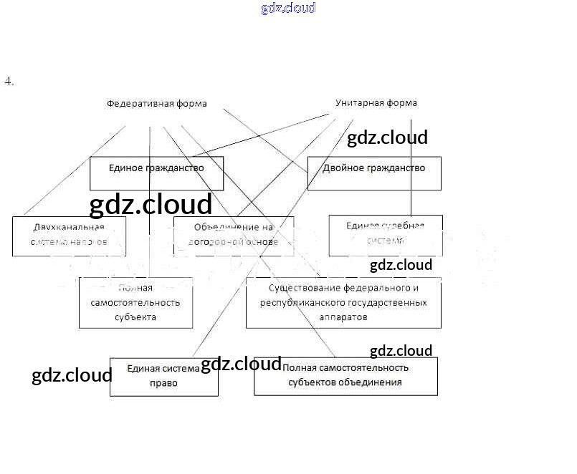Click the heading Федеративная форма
point(157,104)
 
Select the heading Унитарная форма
point(376,103)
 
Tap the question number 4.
point(9,81)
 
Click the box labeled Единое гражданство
point(156,173)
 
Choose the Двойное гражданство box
point(373,173)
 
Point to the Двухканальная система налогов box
point(69,236)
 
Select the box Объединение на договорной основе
point(233,236)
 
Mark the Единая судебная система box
point(385,235)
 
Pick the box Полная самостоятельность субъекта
point(135,302)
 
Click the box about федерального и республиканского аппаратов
point(343,302)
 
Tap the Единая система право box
point(163,376)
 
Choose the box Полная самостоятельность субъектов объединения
point(345,375)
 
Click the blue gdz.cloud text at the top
point(288,9)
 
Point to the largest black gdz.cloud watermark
point(151,205)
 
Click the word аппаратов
point(343,316)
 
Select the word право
point(165,383)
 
